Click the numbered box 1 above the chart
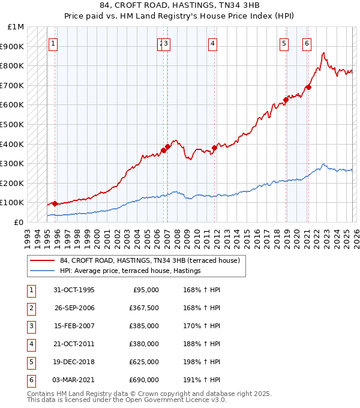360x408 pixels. (x=53, y=43)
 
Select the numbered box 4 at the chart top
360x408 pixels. (x=213, y=43)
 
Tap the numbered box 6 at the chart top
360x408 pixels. (x=307, y=43)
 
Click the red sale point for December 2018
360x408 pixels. (x=286, y=100)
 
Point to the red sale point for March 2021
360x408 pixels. (x=308, y=88)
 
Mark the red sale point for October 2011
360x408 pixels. (x=214, y=148)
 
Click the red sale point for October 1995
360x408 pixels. (x=55, y=203)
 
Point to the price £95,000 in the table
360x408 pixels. (x=145, y=289)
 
